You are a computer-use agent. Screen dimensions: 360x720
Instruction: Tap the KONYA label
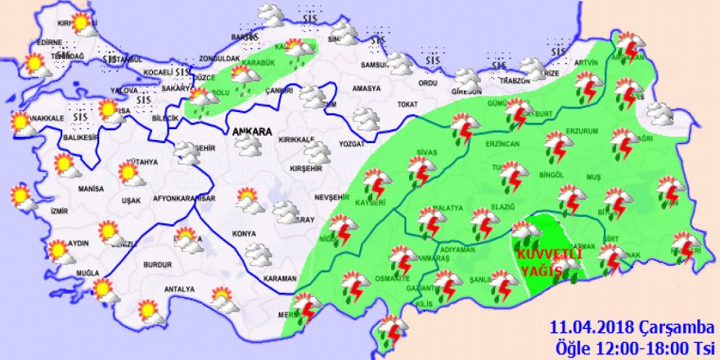pos(245,233)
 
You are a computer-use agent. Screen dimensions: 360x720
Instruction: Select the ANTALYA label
pos(179,290)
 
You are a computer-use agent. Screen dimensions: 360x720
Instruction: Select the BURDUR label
pos(155,265)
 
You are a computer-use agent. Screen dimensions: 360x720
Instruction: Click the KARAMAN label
pos(280,278)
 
